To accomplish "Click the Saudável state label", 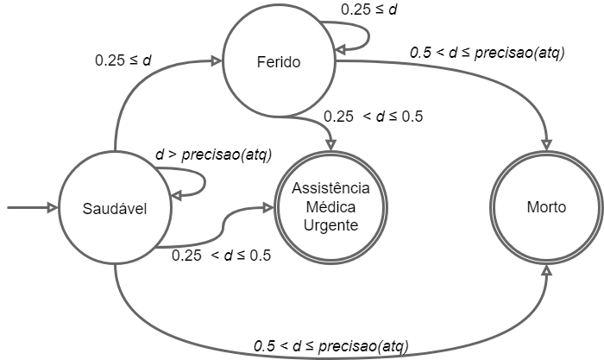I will (x=115, y=209).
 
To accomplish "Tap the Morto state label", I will (x=547, y=208).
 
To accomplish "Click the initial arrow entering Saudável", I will (x=30, y=208).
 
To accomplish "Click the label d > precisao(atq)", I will (x=213, y=155).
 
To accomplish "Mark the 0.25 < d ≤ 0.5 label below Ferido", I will (x=372, y=117).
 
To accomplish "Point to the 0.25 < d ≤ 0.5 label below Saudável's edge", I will (x=222, y=255).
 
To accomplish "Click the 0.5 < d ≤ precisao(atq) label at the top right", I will (x=487, y=54).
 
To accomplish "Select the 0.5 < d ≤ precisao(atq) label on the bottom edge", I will (x=330, y=345).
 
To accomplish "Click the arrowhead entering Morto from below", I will (x=547, y=272).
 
